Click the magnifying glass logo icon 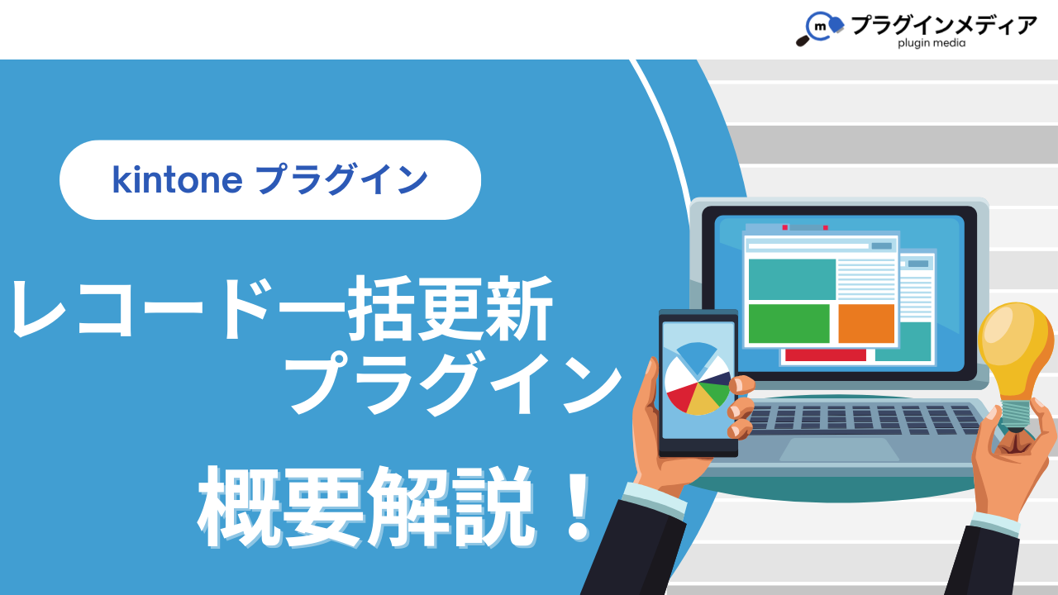[x=819, y=28]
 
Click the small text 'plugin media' [x=932, y=43]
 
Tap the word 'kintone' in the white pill [x=178, y=180]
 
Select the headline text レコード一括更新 [x=282, y=308]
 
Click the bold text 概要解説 [x=366, y=507]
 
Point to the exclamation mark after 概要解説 [x=578, y=507]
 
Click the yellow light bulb [x=1016, y=352]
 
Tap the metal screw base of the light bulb [x=1016, y=415]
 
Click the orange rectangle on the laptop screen [x=866, y=323]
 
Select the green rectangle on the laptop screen [x=789, y=323]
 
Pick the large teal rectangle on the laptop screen [x=792, y=279]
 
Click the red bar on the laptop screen [x=826, y=355]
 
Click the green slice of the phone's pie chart [x=714, y=393]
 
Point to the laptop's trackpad [x=839, y=449]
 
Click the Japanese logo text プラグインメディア [x=944, y=25]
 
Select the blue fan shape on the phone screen [x=697, y=355]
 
